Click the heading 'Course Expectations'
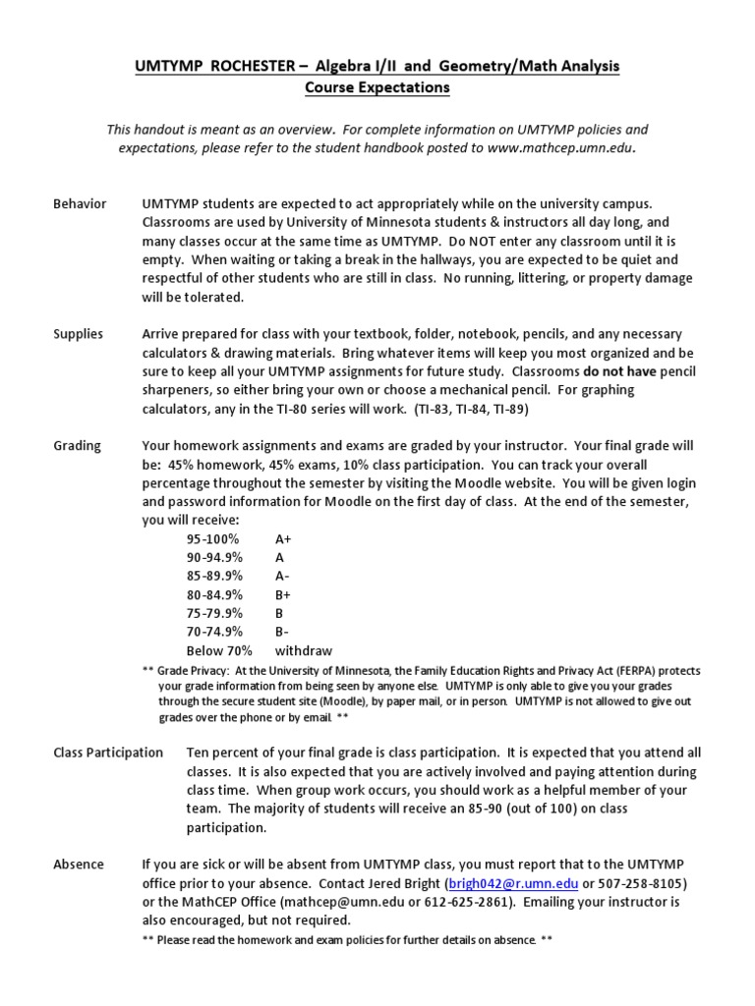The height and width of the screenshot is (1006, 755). pos(377,87)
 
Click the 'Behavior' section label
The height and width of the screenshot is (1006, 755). pos(80,203)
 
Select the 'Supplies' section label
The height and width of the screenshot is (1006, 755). pos(78,334)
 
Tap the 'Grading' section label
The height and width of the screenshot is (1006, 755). pos(77,445)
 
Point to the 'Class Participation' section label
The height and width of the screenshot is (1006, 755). pos(108,753)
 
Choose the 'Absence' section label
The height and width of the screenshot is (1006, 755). pos(78,865)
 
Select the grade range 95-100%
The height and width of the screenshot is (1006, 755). pos(212,538)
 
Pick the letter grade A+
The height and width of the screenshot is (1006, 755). pos(284,538)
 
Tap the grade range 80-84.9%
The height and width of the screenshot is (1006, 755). pos(214,594)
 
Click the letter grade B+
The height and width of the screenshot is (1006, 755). pos(283,594)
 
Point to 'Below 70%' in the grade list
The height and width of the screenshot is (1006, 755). pos(219,650)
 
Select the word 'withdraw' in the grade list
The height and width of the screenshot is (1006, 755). pos(304,650)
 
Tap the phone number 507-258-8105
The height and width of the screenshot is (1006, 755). pos(638,883)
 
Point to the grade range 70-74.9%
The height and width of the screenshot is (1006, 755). pos(214,632)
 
